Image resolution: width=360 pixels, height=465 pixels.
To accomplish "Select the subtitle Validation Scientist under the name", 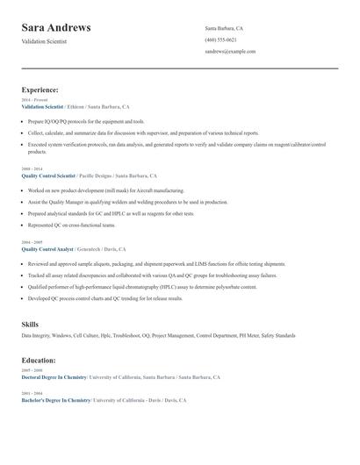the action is [45, 41].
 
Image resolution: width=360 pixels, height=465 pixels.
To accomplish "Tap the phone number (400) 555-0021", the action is [220, 39].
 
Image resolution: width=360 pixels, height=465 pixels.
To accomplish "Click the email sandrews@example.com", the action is [230, 51].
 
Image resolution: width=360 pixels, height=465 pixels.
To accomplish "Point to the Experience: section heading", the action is [40, 89].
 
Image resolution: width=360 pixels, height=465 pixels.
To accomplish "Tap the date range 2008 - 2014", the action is [32, 168].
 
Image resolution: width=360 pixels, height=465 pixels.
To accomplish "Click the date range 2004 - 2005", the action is [32, 241].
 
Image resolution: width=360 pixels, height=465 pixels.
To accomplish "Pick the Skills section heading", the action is [30, 325].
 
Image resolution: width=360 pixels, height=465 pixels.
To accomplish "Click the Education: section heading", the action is [39, 360].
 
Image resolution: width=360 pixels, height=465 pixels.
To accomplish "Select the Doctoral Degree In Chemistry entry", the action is [54, 377].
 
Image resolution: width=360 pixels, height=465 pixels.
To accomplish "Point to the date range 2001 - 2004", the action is [32, 392].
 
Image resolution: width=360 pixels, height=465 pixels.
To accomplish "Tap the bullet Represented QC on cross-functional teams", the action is [71, 225].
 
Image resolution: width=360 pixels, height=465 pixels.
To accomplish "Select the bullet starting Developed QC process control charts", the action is [105, 298].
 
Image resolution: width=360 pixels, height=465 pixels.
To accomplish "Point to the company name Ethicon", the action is [81, 106].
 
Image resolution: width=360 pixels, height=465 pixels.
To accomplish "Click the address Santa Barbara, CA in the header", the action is [224, 28].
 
